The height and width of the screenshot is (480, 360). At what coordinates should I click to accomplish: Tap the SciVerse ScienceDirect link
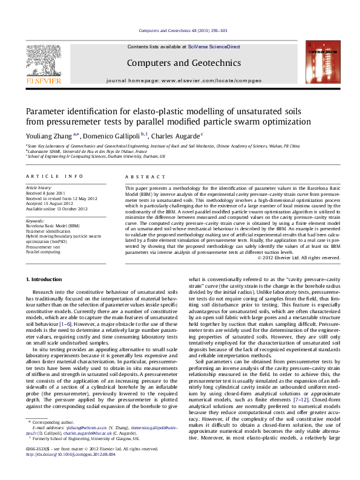pos(214,47)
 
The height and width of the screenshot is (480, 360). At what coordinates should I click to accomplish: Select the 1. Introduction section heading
pos(46,279)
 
